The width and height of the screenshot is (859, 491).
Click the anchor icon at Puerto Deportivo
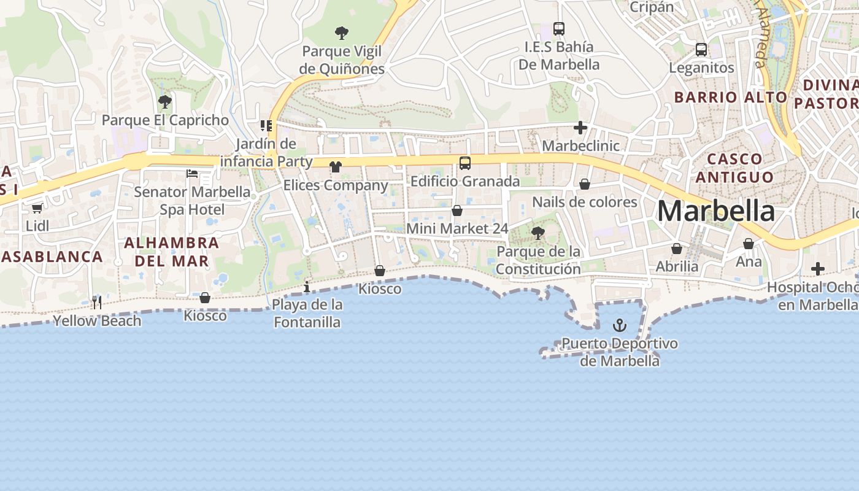(620, 325)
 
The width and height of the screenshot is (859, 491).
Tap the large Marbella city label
(715, 211)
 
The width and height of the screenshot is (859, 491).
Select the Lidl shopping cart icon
(37, 208)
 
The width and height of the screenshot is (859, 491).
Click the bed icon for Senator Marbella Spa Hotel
(192, 174)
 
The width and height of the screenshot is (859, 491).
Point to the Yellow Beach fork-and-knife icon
(96, 302)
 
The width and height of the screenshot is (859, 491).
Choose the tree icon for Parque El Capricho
(164, 101)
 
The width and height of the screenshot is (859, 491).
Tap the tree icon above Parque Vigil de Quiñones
(342, 33)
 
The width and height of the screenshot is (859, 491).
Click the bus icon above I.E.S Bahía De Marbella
(558, 28)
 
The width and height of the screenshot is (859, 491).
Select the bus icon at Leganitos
(701, 50)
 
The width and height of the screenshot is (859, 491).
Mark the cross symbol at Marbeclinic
(580, 128)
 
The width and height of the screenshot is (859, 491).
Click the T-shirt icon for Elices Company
(335, 166)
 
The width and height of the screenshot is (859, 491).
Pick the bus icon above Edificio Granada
(465, 163)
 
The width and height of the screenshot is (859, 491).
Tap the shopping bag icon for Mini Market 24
(457, 211)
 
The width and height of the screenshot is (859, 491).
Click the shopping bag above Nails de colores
(585, 184)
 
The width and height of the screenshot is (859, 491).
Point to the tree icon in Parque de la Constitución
(538, 233)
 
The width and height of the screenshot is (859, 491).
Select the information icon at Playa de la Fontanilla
(307, 287)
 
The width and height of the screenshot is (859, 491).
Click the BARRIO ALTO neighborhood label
(730, 97)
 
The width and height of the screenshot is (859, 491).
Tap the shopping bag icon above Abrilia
(676, 249)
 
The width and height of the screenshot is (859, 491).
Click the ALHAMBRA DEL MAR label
(171, 252)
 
